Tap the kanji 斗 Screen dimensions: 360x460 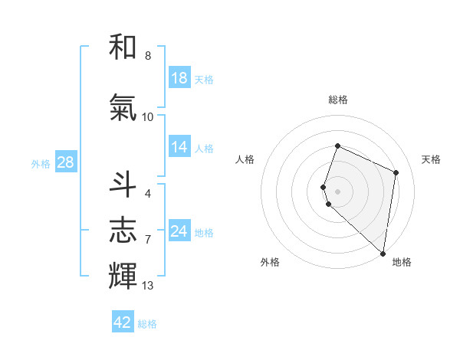pos(123,185)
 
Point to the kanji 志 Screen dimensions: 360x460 pos(123,230)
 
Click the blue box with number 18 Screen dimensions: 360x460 pos(179,78)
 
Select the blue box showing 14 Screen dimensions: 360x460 pos(179,147)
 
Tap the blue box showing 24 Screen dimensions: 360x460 pos(179,231)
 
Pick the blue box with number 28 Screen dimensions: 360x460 pos(65,162)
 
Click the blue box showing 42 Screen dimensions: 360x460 pos(123,322)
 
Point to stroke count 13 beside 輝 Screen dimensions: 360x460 pos(148,286)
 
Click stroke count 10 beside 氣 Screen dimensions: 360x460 pos(148,117)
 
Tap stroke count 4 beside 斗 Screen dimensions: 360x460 pos(148,194)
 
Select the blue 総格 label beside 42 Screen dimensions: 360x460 pos(147,324)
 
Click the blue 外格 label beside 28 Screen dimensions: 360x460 pos(41,163)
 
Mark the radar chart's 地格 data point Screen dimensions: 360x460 pos(383,254)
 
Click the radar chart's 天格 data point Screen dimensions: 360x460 pos(396,172)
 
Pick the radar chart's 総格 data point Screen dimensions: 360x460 pos(337,146)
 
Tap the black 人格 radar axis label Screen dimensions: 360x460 pos(245,159)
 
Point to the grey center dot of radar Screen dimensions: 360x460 pos(337,191)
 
